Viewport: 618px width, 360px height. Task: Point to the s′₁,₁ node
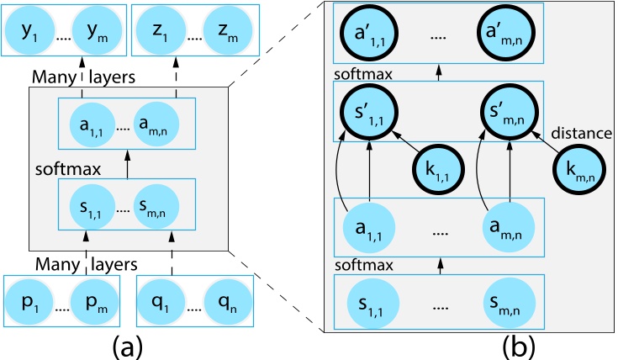(367, 112)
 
